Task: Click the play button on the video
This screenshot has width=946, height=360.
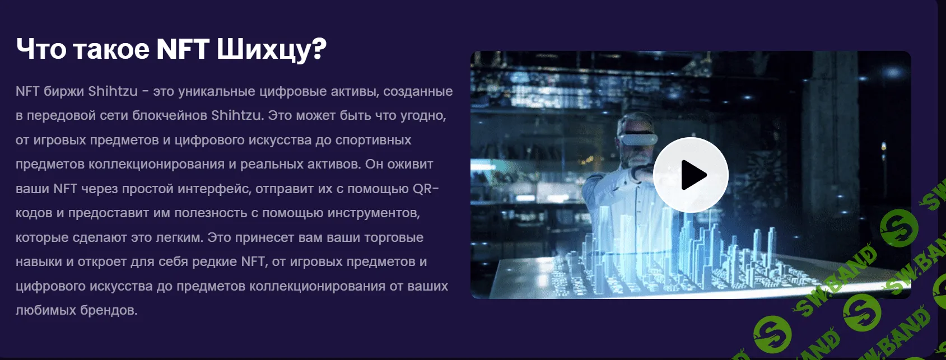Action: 691,174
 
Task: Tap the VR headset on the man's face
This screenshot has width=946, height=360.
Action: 638,138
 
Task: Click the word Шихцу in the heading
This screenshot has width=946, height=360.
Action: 272,49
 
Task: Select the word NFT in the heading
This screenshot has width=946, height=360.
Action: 183,49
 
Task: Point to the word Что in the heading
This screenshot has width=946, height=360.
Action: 41,49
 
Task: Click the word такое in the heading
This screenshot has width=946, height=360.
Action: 111,49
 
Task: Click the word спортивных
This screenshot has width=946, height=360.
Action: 373,140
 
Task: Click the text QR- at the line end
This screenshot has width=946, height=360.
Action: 426,189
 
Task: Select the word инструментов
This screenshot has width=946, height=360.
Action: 374,213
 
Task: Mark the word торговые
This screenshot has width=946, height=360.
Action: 394,237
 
